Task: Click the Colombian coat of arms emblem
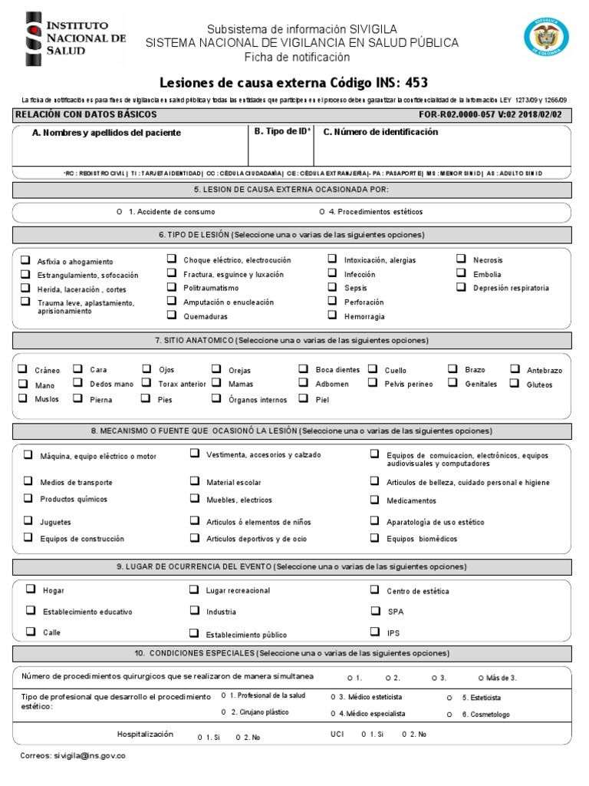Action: pyautogui.click(x=546, y=38)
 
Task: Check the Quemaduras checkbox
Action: pyautogui.click(x=172, y=315)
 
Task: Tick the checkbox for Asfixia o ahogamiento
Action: pyautogui.click(x=26, y=260)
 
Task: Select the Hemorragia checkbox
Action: pyautogui.click(x=332, y=315)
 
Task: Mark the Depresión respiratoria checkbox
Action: pyautogui.click(x=461, y=287)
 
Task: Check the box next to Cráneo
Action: pyautogui.click(x=23, y=369)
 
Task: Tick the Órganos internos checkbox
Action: pyautogui.click(x=216, y=398)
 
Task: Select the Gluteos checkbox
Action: pyautogui.click(x=515, y=383)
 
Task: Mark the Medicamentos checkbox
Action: pyautogui.click(x=374, y=500)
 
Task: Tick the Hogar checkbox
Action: pyautogui.click(x=30, y=589)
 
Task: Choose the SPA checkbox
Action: pyautogui.click(x=374, y=611)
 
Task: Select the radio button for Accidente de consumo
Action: pyautogui.click(x=119, y=212)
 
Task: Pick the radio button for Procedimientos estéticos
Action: pyautogui.click(x=322, y=212)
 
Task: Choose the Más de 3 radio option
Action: pyautogui.click(x=481, y=678)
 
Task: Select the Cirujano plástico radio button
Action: pyautogui.click(x=223, y=712)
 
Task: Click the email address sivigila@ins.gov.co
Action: pyautogui.click(x=73, y=755)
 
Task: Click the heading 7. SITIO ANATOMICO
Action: pyautogui.click(x=291, y=340)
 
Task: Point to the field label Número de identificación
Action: pyautogui.click(x=380, y=132)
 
